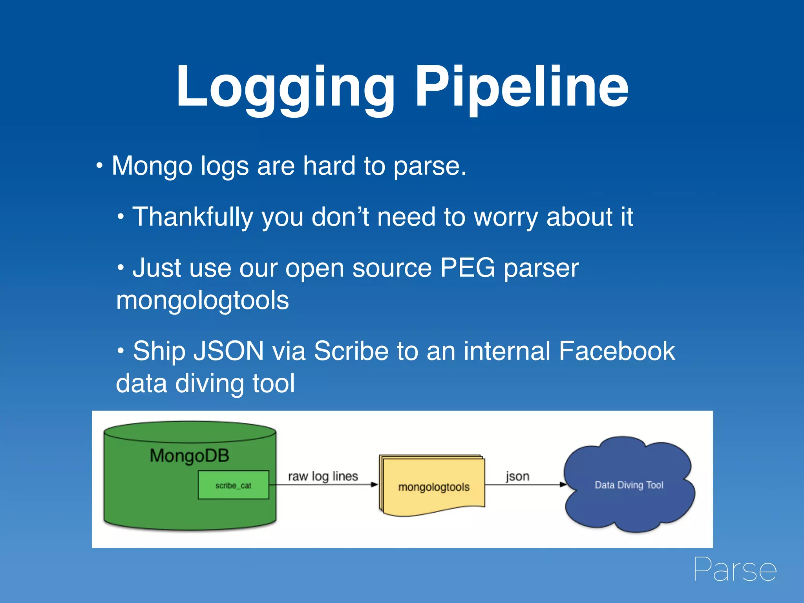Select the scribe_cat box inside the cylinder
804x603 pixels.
click(233, 485)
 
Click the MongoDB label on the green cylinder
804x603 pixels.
click(189, 456)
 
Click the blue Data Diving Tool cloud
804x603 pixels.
click(629, 485)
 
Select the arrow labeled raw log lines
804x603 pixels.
click(326, 485)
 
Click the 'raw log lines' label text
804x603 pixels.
click(323, 476)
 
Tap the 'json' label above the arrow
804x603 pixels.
click(517, 476)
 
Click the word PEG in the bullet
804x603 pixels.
click(468, 268)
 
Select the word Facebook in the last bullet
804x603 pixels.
click(616, 351)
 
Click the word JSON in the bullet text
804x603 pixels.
click(228, 351)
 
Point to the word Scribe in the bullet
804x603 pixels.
click(351, 351)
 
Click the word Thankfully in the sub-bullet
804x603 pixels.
click(192, 217)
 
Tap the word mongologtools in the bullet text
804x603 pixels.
click(203, 301)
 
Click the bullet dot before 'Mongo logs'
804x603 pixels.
click(100, 166)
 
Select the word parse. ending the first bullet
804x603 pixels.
click(429, 166)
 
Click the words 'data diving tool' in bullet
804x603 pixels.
click(205, 384)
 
